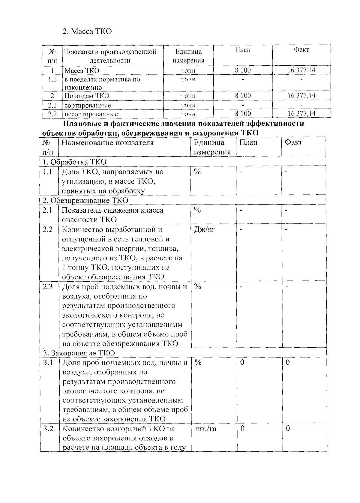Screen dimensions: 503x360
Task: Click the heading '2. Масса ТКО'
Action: pyautogui.click(x=87, y=31)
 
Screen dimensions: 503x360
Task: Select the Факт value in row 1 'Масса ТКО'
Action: pyautogui.click(x=301, y=70)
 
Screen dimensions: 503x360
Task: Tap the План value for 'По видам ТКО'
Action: pyautogui.click(x=243, y=96)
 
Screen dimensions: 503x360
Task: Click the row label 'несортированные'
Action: pyautogui.click(x=91, y=114)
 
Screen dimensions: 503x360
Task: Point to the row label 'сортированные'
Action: pyautogui.click(x=88, y=105)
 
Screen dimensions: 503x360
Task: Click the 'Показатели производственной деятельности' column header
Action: pyautogui.click(x=110, y=56)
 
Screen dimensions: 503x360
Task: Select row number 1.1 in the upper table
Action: pyautogui.click(x=52, y=79)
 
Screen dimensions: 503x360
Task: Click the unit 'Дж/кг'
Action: pyautogui.click(x=205, y=229)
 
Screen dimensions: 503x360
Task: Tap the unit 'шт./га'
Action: pyautogui.click(x=205, y=429)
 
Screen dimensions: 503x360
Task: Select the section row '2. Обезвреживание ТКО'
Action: pyautogui.click(x=85, y=200)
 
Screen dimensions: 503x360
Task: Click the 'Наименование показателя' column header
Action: pyautogui.click(x=107, y=143)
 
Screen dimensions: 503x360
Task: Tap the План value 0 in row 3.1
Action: pyautogui.click(x=242, y=362)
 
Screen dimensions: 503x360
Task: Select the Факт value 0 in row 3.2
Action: pyautogui.click(x=288, y=428)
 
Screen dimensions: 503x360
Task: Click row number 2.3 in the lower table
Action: pyautogui.click(x=48, y=287)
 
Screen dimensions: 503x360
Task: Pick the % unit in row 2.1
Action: pyautogui.click(x=197, y=210)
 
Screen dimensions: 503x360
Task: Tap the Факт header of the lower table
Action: pyautogui.click(x=293, y=142)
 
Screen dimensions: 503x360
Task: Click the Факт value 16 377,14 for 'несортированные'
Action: pyautogui.click(x=301, y=113)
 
